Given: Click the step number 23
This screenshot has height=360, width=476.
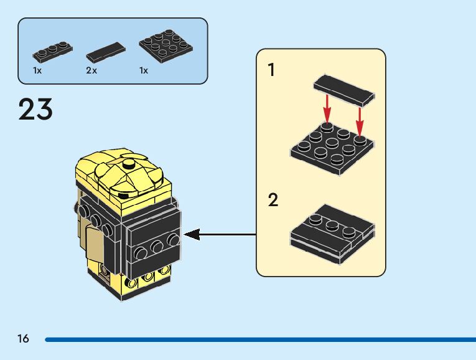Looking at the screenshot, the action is coord(35,109).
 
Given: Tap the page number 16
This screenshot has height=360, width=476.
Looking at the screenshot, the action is coord(24,338).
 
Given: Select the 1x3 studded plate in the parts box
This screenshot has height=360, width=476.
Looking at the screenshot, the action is coord(52,50).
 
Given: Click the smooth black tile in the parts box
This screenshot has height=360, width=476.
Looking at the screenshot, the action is coord(106,52).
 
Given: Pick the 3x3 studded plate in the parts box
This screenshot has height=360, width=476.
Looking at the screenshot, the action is coord(166,45).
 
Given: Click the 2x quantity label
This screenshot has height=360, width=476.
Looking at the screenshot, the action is coord(91,71).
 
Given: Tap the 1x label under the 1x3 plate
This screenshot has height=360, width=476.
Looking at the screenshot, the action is coord(37,71).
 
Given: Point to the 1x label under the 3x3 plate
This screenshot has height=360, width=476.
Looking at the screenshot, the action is coord(144,71).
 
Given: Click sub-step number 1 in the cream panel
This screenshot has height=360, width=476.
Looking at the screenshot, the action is coord(271,70).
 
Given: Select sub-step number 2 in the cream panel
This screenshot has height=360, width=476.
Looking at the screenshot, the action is coord(273,200).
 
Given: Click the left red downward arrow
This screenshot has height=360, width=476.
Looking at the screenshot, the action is coord(327,109).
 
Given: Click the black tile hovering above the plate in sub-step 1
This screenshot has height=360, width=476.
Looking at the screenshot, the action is coord(344,90).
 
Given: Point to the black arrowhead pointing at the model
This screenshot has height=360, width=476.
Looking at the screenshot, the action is coord(192,234).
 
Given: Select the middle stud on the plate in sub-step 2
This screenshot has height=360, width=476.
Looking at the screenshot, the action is coord(332,225).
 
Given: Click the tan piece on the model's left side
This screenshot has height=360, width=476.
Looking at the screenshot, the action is coord(94,244).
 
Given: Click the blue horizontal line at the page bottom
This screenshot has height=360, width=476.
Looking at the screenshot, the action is coord(261,339).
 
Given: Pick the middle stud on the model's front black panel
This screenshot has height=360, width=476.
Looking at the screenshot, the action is coord(157,246).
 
